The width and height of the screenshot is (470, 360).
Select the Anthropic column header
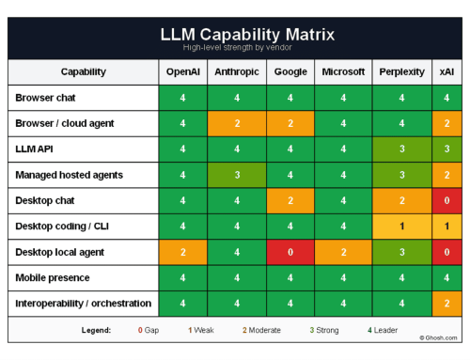[x=237, y=71]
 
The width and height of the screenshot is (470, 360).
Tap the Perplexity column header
[x=400, y=71]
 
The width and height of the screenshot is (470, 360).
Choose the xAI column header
[x=446, y=71]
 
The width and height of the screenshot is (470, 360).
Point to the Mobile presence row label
[x=55, y=277]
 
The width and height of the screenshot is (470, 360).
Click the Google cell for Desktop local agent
[x=291, y=252]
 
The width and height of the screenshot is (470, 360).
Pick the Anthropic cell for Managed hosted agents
[x=237, y=175]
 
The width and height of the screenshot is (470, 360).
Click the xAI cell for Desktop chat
[x=446, y=200]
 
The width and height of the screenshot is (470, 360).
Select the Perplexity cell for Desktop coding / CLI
[x=400, y=227]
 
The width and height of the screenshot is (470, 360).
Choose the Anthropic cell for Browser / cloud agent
[x=237, y=123]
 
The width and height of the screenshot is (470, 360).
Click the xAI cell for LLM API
[x=446, y=149]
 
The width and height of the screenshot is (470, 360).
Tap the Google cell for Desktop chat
[x=291, y=200]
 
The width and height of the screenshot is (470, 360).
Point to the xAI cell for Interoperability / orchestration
[x=446, y=304]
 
